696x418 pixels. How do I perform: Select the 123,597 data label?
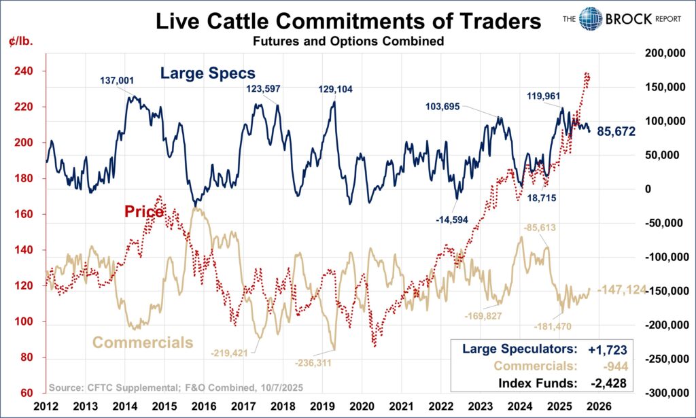click(262, 88)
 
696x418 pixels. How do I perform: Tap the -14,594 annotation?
click(452, 218)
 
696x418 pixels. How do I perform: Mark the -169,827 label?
click(487, 316)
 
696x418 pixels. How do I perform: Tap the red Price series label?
click(143, 212)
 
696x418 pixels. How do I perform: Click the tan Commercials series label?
click(143, 342)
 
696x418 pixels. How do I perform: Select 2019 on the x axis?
click(325, 406)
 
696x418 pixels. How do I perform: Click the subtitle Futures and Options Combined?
click(348, 42)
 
